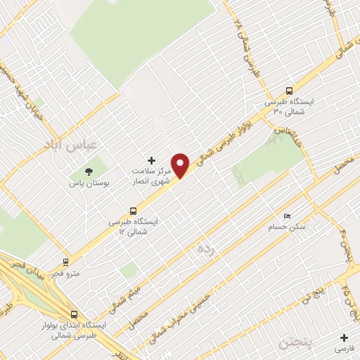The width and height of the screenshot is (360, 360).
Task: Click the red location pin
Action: [181, 165]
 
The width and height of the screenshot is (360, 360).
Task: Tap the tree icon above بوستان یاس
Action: [89, 171]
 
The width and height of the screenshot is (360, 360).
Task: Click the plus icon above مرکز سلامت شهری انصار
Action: [150, 161]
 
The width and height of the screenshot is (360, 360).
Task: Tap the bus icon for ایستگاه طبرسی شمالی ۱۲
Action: [132, 210]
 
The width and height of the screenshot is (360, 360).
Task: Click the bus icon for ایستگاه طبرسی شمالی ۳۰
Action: [289, 91]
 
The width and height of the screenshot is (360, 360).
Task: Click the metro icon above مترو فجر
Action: [66, 261]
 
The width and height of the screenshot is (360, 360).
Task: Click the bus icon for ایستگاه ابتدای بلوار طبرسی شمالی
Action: [74, 314]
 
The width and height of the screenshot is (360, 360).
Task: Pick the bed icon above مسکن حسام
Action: [285, 216]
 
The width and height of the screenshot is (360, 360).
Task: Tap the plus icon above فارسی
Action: [344, 337]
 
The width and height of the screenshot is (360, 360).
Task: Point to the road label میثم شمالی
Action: [130, 288]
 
